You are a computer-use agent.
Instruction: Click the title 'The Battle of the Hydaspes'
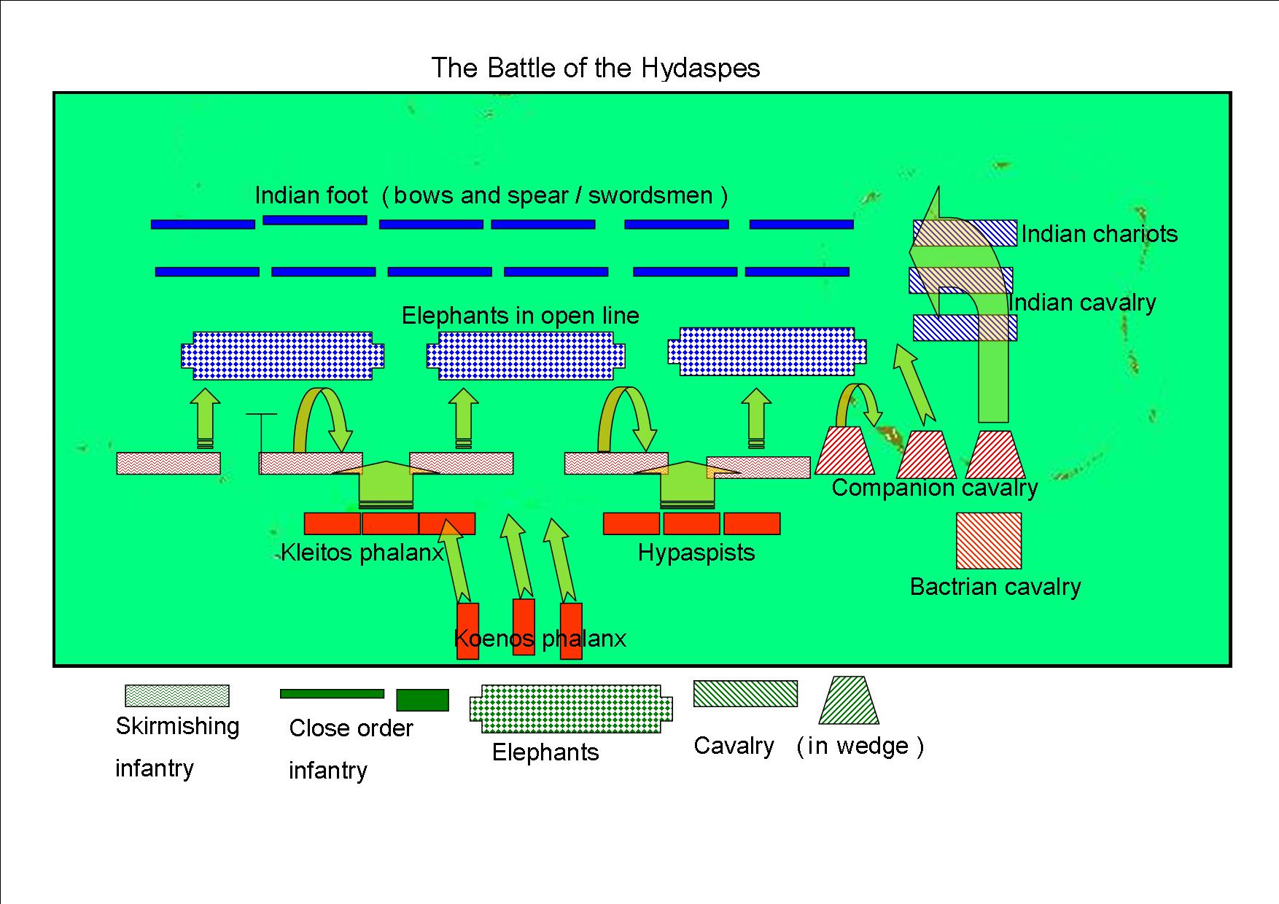click(595, 69)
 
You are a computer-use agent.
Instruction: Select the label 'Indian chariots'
click(1099, 234)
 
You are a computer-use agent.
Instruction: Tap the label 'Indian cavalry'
click(1084, 303)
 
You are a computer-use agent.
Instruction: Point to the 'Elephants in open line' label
click(520, 316)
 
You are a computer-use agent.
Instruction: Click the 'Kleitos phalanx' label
click(362, 553)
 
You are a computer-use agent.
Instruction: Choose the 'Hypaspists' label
click(696, 553)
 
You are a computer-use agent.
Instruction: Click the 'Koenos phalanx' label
click(540, 639)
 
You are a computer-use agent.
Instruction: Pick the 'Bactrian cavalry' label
click(995, 587)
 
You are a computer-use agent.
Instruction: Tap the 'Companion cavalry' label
click(934, 488)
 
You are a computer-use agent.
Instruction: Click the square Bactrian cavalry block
click(989, 540)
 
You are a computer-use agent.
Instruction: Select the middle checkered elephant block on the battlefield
click(525, 356)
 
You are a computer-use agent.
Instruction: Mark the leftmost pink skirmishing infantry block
click(168, 464)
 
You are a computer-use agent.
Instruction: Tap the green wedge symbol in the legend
click(849, 701)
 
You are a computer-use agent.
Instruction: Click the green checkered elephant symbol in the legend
click(571, 709)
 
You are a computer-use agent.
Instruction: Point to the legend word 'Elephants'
click(545, 752)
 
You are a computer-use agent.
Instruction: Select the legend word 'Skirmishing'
click(177, 726)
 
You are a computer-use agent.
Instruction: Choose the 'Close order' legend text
click(351, 728)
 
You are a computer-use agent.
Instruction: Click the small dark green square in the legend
click(422, 700)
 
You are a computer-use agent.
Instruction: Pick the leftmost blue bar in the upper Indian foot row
click(203, 225)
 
